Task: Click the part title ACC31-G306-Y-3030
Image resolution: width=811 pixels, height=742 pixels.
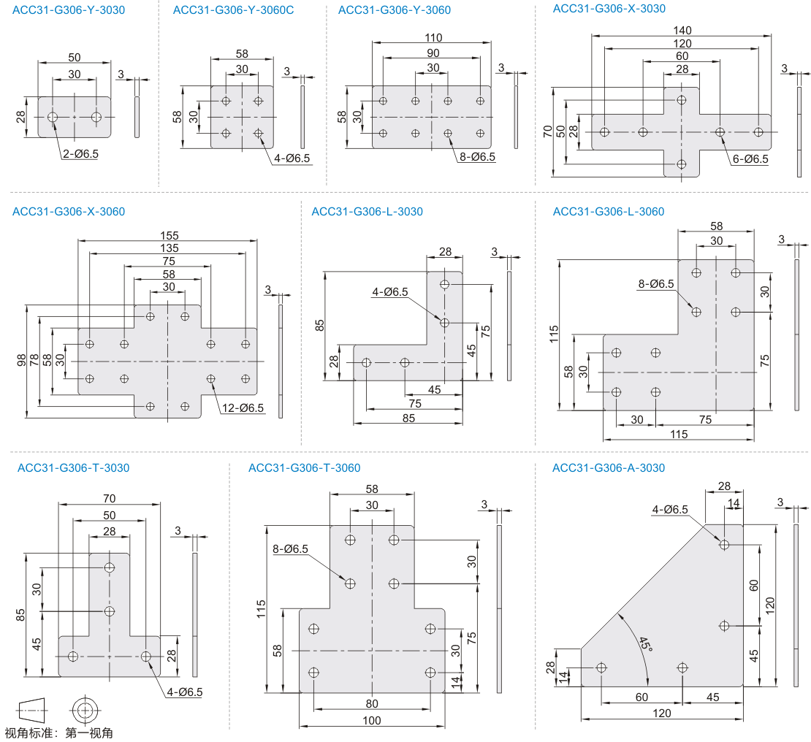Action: tap(69, 10)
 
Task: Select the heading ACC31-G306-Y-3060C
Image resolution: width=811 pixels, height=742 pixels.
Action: tap(234, 10)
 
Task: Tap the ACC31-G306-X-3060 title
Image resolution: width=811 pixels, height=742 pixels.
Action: tap(69, 212)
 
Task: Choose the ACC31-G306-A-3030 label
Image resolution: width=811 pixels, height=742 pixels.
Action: tap(609, 467)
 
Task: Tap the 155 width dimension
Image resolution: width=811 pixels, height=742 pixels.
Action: tap(168, 235)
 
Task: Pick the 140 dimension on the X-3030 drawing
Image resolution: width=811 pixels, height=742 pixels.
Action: tap(682, 30)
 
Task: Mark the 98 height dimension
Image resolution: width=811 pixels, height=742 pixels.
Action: tap(23, 361)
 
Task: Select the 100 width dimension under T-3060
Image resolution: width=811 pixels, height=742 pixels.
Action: tap(371, 721)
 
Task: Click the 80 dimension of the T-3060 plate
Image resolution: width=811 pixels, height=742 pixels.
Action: tap(371, 703)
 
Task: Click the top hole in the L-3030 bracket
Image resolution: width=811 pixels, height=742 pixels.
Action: tap(444, 284)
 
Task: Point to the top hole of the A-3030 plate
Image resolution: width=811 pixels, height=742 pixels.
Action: tap(724, 544)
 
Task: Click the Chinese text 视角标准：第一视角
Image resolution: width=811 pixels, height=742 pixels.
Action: tap(59, 733)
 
